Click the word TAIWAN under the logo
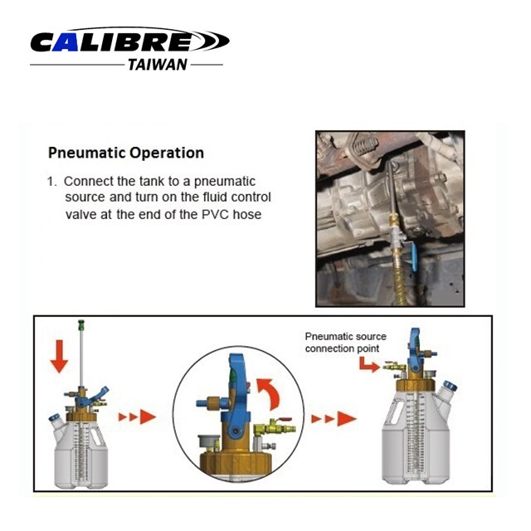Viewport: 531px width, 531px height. click(x=158, y=65)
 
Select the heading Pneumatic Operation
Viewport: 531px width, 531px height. click(x=126, y=153)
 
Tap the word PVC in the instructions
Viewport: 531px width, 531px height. click(x=215, y=214)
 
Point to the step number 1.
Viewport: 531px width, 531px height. click(x=51, y=182)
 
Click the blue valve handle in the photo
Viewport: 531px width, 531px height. click(x=413, y=256)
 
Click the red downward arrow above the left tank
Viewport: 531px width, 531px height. click(x=60, y=356)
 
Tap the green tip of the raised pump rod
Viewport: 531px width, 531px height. click(x=81, y=325)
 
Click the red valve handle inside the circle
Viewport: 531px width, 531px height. click(x=285, y=420)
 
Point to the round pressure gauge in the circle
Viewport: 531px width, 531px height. click(x=208, y=443)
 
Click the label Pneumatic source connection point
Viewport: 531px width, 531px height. click(x=345, y=343)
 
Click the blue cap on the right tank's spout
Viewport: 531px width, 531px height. click(x=451, y=386)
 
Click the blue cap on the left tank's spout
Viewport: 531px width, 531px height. click(x=54, y=417)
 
